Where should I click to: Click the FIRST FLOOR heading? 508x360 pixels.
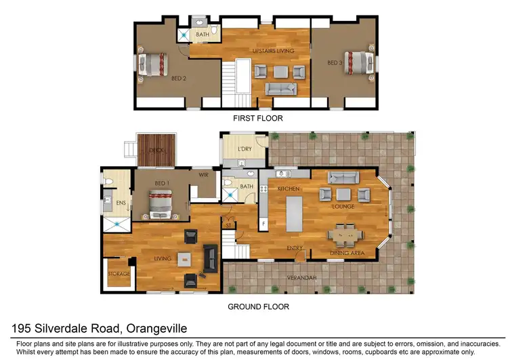point(257,118)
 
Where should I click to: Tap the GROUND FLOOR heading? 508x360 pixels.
point(258,306)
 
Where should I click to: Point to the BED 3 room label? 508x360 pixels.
point(335,62)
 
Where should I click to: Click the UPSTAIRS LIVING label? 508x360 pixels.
point(274,51)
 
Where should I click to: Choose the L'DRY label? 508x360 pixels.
point(244,149)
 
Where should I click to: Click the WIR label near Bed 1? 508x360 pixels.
point(203,175)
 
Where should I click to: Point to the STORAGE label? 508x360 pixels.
point(119,274)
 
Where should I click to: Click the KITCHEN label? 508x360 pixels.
point(288,188)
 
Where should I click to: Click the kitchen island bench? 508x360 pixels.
point(295,214)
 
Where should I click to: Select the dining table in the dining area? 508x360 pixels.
point(346,235)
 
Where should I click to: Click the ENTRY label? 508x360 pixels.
point(294,247)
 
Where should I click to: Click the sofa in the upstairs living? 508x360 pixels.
point(280,89)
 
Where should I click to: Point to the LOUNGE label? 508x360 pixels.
point(343,207)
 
